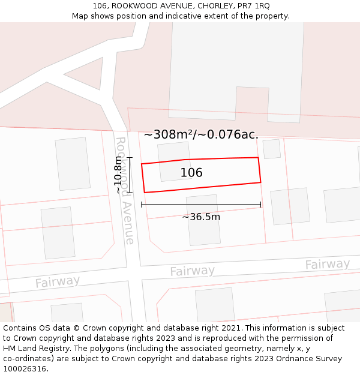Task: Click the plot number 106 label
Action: pos(191,173)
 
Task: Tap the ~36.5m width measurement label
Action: pos(201,217)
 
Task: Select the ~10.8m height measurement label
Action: pos(118,175)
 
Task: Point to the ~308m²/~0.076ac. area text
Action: pos(201,134)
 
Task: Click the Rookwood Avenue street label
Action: pos(124,190)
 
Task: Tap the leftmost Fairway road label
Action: pos(57,281)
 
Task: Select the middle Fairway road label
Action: pos(192,271)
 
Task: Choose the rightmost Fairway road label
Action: pos(327,264)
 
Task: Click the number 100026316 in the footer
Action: pos(25,368)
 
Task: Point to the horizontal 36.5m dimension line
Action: pos(201,205)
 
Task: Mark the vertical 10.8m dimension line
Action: pos(130,175)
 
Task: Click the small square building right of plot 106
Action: pos(272,149)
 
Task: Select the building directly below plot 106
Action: pos(203,220)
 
